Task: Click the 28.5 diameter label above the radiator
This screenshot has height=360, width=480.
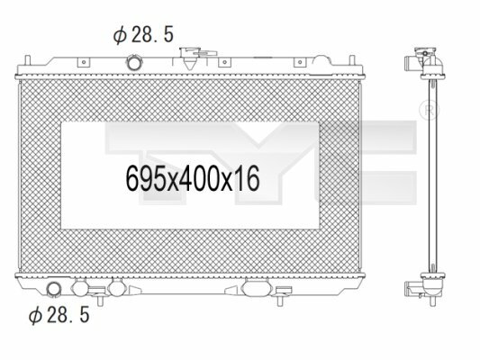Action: pyautogui.click(x=143, y=34)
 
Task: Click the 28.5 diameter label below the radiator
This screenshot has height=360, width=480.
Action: pyautogui.click(x=59, y=315)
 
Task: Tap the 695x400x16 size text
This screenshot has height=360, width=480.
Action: pyautogui.click(x=193, y=178)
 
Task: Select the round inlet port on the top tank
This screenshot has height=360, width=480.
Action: pyautogui.click(x=134, y=63)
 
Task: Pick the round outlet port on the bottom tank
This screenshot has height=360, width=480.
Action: pyautogui.click(x=53, y=289)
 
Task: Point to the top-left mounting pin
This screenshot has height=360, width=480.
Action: pyautogui.click(x=27, y=59)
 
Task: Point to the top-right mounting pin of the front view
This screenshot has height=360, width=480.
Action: pyautogui.click(x=352, y=59)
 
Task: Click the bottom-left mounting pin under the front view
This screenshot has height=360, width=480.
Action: pyautogui.click(x=100, y=300)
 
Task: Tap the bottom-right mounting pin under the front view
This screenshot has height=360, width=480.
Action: pyautogui.click(x=279, y=300)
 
